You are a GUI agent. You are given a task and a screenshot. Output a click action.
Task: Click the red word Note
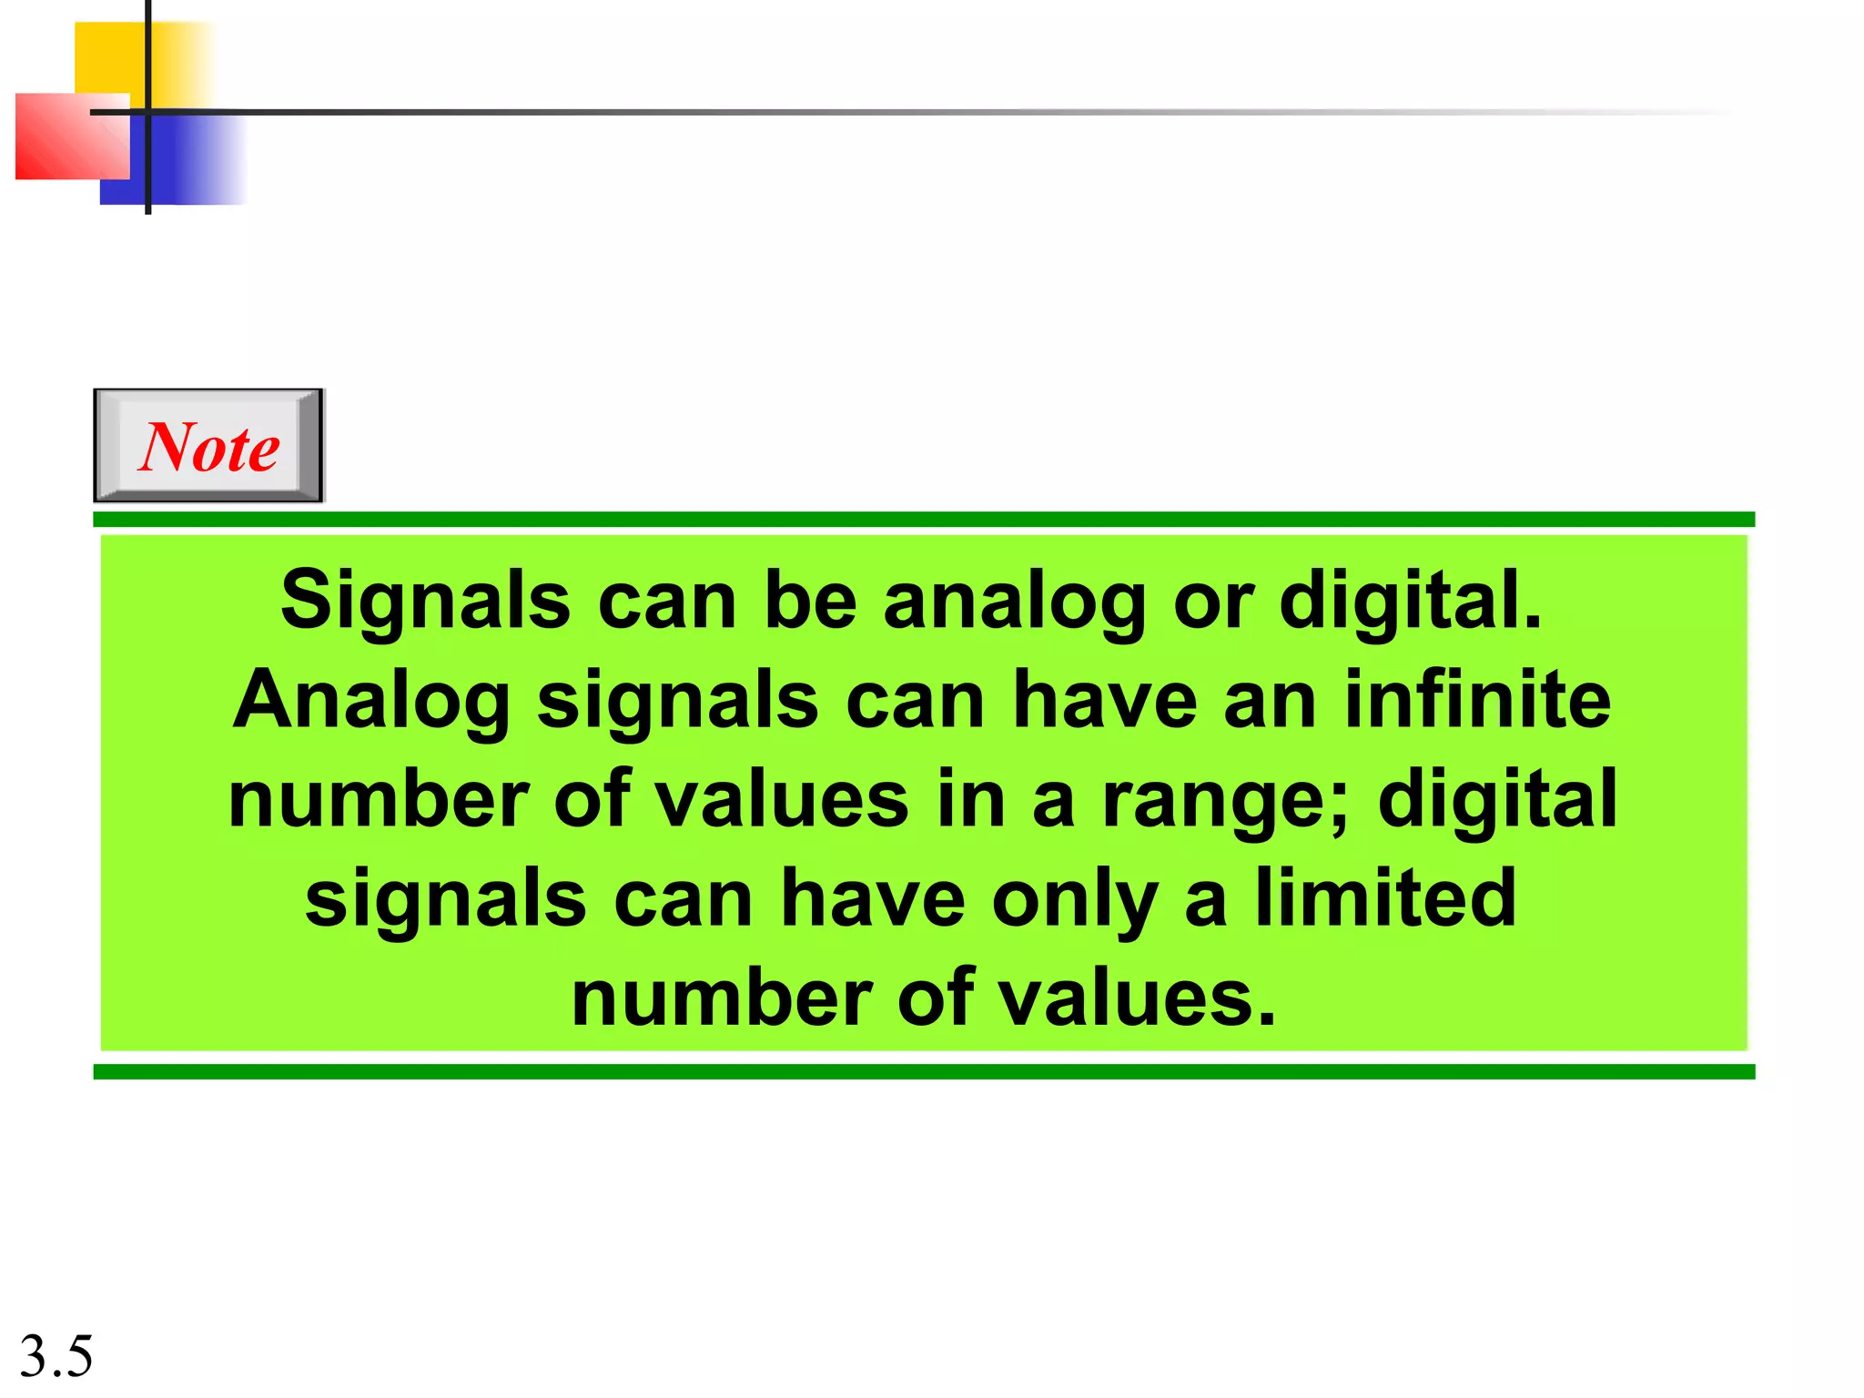pyautogui.click(x=208, y=447)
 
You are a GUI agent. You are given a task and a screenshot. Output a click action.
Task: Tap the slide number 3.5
pyautogui.click(x=56, y=1356)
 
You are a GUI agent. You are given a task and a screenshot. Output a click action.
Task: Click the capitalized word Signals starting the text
pyautogui.click(x=425, y=601)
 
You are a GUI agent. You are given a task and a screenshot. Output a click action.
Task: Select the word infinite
pyautogui.click(x=1477, y=700)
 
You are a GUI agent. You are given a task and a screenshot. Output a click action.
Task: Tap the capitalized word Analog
pyautogui.click(x=371, y=702)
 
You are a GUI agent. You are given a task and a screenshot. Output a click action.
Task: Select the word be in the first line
pyautogui.click(x=810, y=601)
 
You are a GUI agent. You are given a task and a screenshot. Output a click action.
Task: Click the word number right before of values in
pyautogui.click(x=378, y=799)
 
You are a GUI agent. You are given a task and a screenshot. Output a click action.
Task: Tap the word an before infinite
pyautogui.click(x=1270, y=702)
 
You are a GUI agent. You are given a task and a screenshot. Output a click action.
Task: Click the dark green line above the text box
pyautogui.click(x=923, y=519)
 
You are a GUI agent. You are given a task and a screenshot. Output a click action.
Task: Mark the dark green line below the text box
pyautogui.click(x=923, y=1071)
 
